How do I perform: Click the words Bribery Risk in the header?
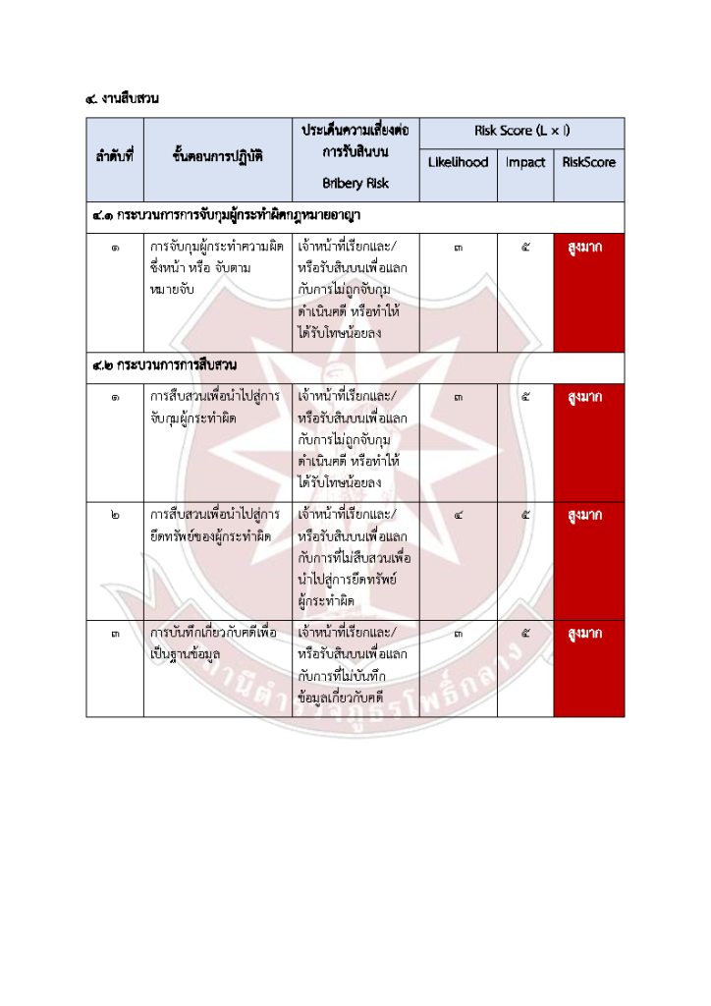tap(355, 183)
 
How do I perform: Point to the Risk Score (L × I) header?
tap(521, 131)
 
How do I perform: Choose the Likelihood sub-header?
tap(458, 162)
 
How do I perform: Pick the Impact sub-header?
tap(525, 162)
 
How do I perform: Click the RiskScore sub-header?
tap(589, 162)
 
